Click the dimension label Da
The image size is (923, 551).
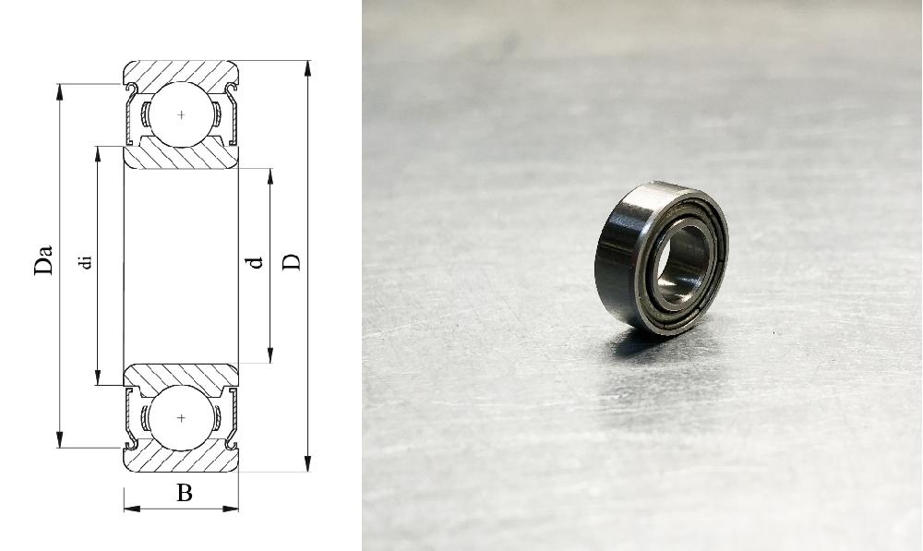point(43,259)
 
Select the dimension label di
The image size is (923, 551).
point(86,261)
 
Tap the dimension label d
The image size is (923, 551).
point(256,262)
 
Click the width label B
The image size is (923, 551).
point(185,493)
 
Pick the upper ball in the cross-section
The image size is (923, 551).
point(181,114)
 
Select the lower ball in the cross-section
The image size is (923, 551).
point(181,418)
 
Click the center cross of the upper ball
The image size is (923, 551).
point(181,114)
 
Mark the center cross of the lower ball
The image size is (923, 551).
point(181,418)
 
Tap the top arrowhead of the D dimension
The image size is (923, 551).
point(307,68)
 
